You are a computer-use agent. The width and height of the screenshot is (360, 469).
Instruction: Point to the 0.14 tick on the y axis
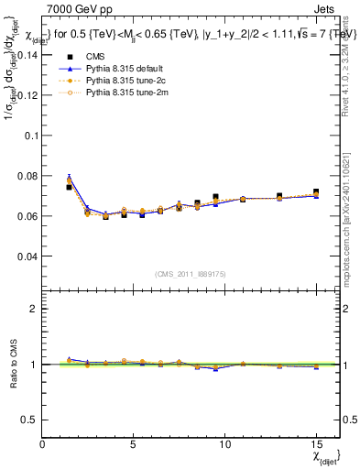(27, 54)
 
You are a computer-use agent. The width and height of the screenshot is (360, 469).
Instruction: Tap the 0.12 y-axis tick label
(27, 94)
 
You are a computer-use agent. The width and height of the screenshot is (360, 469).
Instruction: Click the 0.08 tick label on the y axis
(27, 176)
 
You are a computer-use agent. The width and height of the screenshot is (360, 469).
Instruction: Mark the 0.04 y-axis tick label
(27, 256)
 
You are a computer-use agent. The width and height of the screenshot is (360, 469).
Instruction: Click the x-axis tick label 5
(134, 444)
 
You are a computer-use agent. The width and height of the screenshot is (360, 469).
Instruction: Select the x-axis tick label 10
(224, 444)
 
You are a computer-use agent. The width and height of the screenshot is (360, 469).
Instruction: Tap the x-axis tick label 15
(316, 444)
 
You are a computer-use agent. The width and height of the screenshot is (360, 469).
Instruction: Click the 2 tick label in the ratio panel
(34, 309)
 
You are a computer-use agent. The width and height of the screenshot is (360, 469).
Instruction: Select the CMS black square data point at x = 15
(316, 192)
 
